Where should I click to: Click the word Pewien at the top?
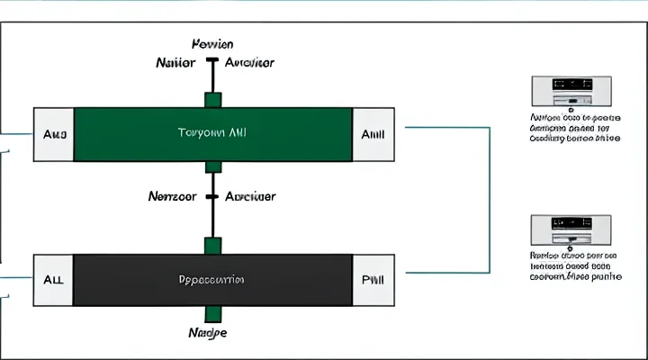(212, 44)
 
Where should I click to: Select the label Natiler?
(178, 63)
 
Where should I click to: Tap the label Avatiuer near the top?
(249, 63)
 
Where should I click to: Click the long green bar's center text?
(212, 132)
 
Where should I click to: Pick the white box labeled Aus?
(53, 134)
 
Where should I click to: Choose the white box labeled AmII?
(373, 134)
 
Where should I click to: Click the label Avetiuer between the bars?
(250, 195)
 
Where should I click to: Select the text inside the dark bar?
(212, 279)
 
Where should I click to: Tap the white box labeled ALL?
(53, 279)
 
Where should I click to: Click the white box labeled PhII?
(373, 279)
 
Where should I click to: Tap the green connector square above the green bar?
(213, 99)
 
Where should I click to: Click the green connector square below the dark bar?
(213, 313)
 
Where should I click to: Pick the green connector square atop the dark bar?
(213, 245)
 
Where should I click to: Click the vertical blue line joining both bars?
(489, 198)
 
